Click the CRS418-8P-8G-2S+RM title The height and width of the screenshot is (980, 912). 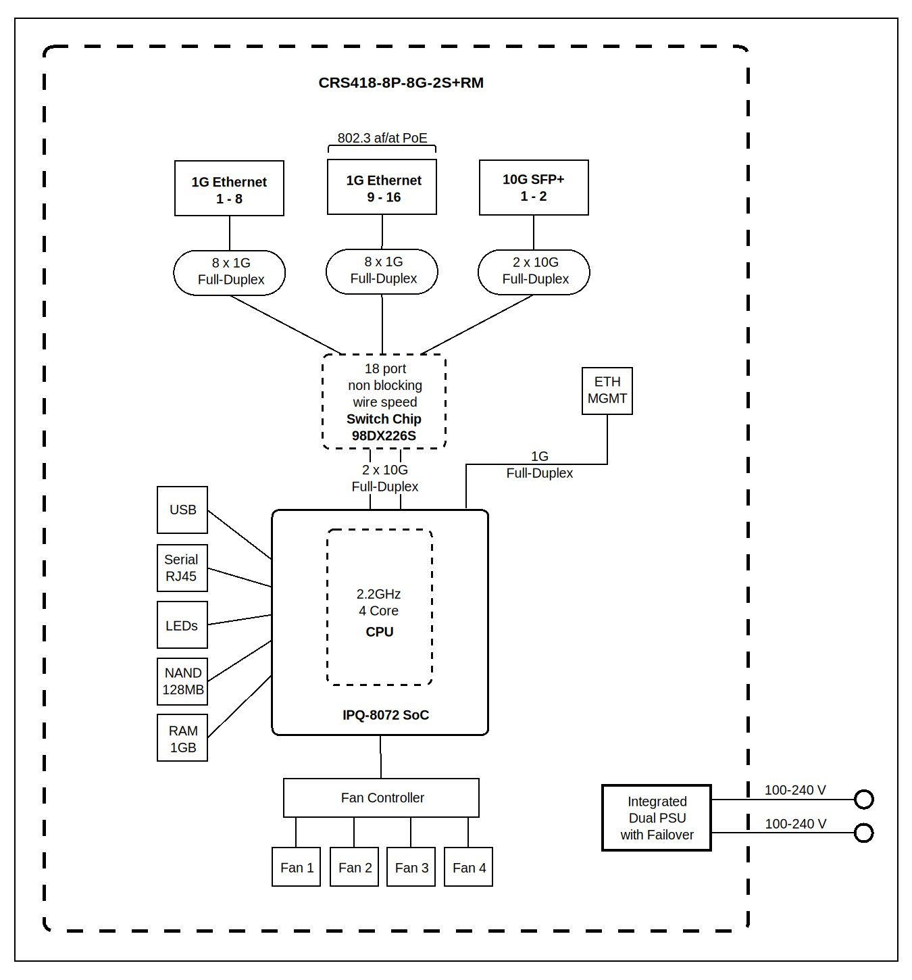tap(401, 83)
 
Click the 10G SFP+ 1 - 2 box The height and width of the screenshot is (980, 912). tap(534, 187)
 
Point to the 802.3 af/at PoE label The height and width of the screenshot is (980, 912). tap(382, 138)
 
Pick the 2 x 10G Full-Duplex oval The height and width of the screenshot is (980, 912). tap(534, 272)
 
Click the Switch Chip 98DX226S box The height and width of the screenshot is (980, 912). tap(384, 401)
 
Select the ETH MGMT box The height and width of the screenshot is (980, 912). tap(607, 391)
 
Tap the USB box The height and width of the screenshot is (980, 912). tap(182, 510)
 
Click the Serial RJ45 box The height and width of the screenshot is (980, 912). tap(182, 568)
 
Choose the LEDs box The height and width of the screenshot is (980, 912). tap(182, 625)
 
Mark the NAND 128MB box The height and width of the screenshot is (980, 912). tap(182, 681)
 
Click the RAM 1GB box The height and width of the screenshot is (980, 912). tap(182, 738)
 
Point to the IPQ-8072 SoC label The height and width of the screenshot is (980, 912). tap(385, 715)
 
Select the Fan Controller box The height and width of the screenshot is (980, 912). tap(381, 798)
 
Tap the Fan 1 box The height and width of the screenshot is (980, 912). tap(296, 867)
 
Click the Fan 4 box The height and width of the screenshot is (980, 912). tap(469, 867)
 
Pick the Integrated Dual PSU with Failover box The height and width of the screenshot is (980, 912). tap(656, 818)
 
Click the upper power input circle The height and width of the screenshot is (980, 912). tap(863, 800)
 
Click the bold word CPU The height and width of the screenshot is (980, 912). tap(379, 632)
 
